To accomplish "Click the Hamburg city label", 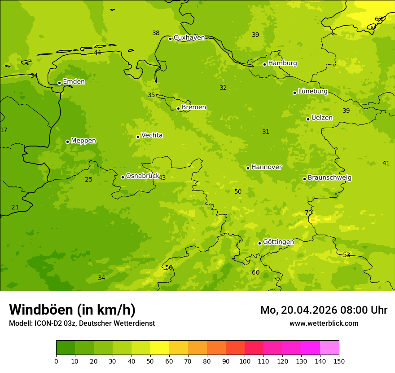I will click(x=282, y=63).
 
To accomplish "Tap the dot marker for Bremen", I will click(x=178, y=108).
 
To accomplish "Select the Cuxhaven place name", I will click(x=189, y=38).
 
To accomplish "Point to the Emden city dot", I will click(x=59, y=83).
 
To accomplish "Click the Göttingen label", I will click(x=278, y=242).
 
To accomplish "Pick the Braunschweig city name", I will click(x=329, y=178).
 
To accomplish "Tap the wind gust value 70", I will click(x=308, y=213).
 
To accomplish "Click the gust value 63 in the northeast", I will click(x=379, y=19).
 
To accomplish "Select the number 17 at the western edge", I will click(x=4, y=130).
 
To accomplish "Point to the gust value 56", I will click(x=169, y=268).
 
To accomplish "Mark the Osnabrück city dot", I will click(x=123, y=177).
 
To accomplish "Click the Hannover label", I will click(x=266, y=167).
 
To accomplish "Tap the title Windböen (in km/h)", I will click(x=72, y=310).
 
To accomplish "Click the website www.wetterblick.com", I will click(x=324, y=324).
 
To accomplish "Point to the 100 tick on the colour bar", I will click(x=245, y=361).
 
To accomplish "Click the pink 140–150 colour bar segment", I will click(x=329, y=348).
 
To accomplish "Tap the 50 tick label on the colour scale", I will click(x=150, y=361).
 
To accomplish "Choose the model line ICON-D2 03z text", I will click(x=82, y=324).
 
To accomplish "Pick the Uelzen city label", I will click(x=322, y=118).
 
